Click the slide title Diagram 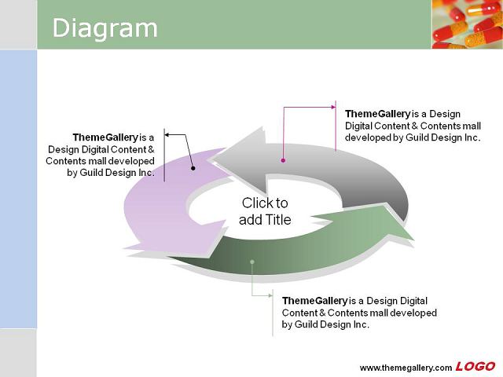tap(105, 28)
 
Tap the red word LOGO tap(475, 367)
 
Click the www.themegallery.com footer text tap(406, 368)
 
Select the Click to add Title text tap(265, 211)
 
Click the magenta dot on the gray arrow tap(283, 160)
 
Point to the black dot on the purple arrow tap(193, 168)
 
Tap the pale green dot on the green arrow tap(252, 262)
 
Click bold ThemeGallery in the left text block tap(105, 137)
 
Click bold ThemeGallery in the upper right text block tap(377, 114)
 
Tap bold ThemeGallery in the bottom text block tap(314, 301)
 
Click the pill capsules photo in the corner tap(468, 24)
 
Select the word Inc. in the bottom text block tap(362, 324)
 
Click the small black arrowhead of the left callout tap(167, 135)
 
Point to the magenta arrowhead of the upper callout tap(333, 107)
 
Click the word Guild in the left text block tap(91, 173)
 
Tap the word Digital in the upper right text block tap(358, 126)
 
